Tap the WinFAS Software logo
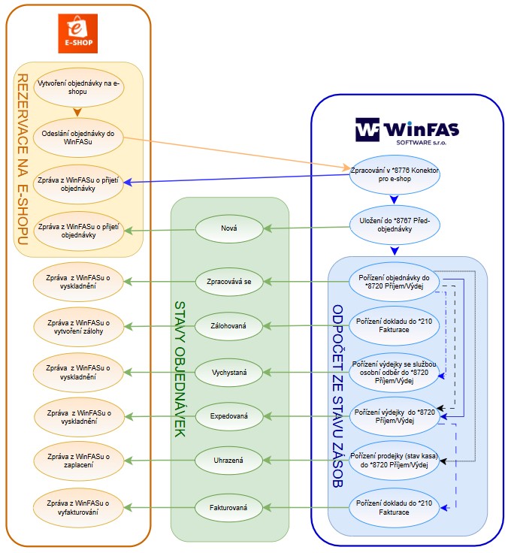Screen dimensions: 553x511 (x=407, y=130)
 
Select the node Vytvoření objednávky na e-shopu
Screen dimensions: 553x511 (x=79, y=86)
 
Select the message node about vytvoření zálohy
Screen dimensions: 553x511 (x=79, y=327)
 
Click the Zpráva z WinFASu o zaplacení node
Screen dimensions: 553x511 (x=79, y=460)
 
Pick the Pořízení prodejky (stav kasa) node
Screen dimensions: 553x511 (x=395, y=461)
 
